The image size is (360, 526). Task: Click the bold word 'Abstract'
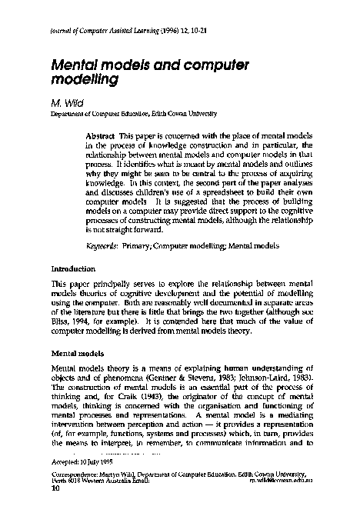101,135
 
